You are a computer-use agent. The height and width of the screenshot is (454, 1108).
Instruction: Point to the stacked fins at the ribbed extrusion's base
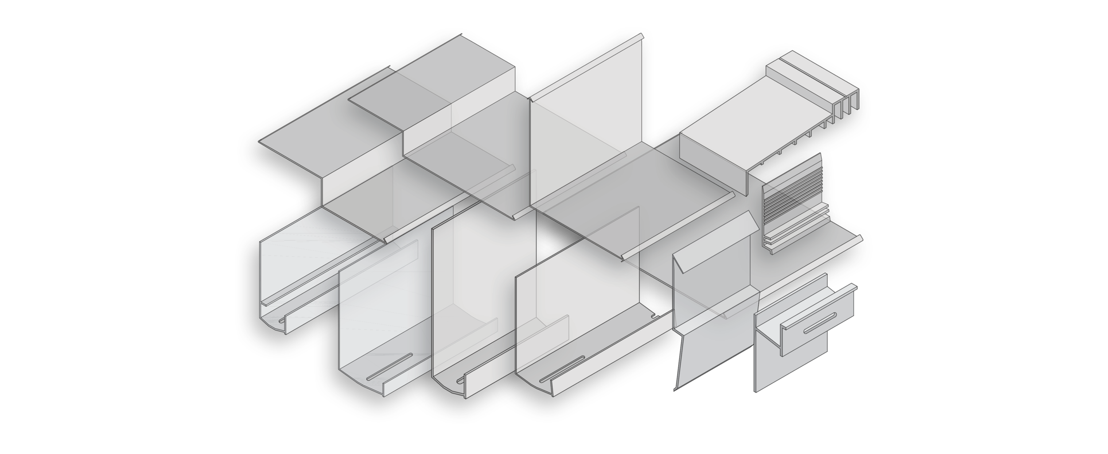pyautogui.click(x=793, y=230)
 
